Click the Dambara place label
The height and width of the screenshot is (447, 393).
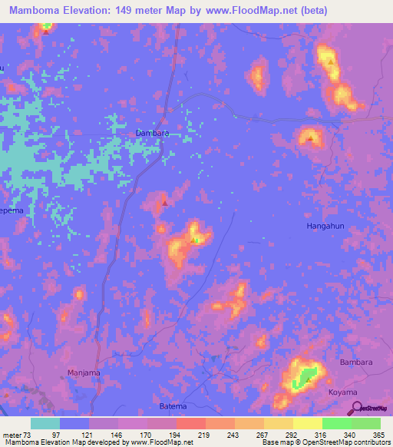pyautogui.click(x=152, y=133)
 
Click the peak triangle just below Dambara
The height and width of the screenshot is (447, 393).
pyautogui.click(x=164, y=204)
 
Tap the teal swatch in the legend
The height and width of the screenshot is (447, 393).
pyautogui.click(x=45, y=423)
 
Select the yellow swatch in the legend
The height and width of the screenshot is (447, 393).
pyautogui.click(x=308, y=423)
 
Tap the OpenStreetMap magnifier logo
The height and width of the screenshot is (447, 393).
pyautogui.click(x=353, y=408)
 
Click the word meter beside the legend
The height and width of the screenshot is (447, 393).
pyautogui.click(x=13, y=435)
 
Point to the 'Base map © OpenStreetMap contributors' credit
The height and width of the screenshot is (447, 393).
pyautogui.click(x=325, y=443)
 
